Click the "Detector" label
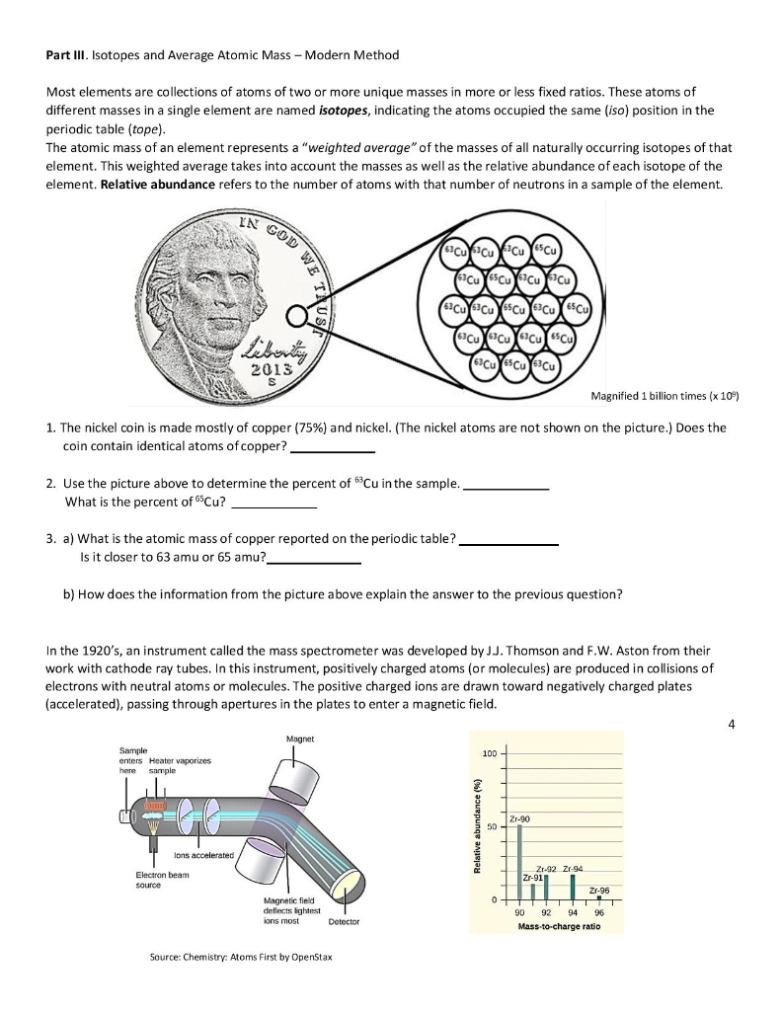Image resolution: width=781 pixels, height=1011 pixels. tap(344, 921)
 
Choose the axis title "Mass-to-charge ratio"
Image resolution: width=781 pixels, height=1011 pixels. tap(560, 926)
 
